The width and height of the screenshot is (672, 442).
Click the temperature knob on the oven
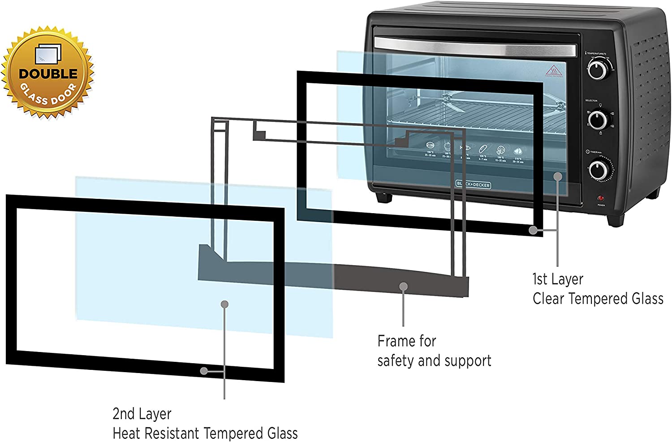(597, 69)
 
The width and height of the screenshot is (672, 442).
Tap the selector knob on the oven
(597, 120)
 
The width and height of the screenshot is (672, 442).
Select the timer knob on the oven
(598, 170)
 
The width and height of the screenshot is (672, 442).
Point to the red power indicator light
(600, 198)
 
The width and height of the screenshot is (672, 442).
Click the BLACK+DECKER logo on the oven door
(473, 185)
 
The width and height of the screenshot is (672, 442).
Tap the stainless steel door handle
(475, 46)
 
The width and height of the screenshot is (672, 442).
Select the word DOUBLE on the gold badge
(48, 73)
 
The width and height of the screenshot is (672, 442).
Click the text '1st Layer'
(558, 279)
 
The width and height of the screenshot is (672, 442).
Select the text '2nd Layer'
(142, 414)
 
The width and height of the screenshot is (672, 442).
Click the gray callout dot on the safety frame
(404, 286)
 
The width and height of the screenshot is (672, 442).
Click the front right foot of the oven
(615, 219)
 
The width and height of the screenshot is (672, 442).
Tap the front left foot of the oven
(384, 197)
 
